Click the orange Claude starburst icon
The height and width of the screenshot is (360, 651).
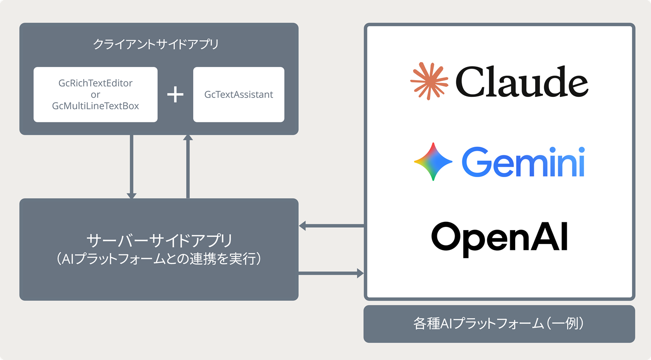tap(429, 81)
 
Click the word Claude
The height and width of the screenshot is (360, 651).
tap(522, 82)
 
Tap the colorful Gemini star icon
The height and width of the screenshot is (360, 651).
tap(433, 162)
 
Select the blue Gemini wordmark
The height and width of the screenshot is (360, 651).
tap(523, 162)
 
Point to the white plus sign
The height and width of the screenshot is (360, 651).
tap(175, 95)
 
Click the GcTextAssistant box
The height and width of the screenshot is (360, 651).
tap(239, 95)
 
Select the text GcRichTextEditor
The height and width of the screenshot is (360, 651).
tap(96, 83)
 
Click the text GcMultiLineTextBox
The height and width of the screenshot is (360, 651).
tap(96, 106)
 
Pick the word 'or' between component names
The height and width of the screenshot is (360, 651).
tap(96, 95)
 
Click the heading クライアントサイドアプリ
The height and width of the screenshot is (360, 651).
tap(156, 44)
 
